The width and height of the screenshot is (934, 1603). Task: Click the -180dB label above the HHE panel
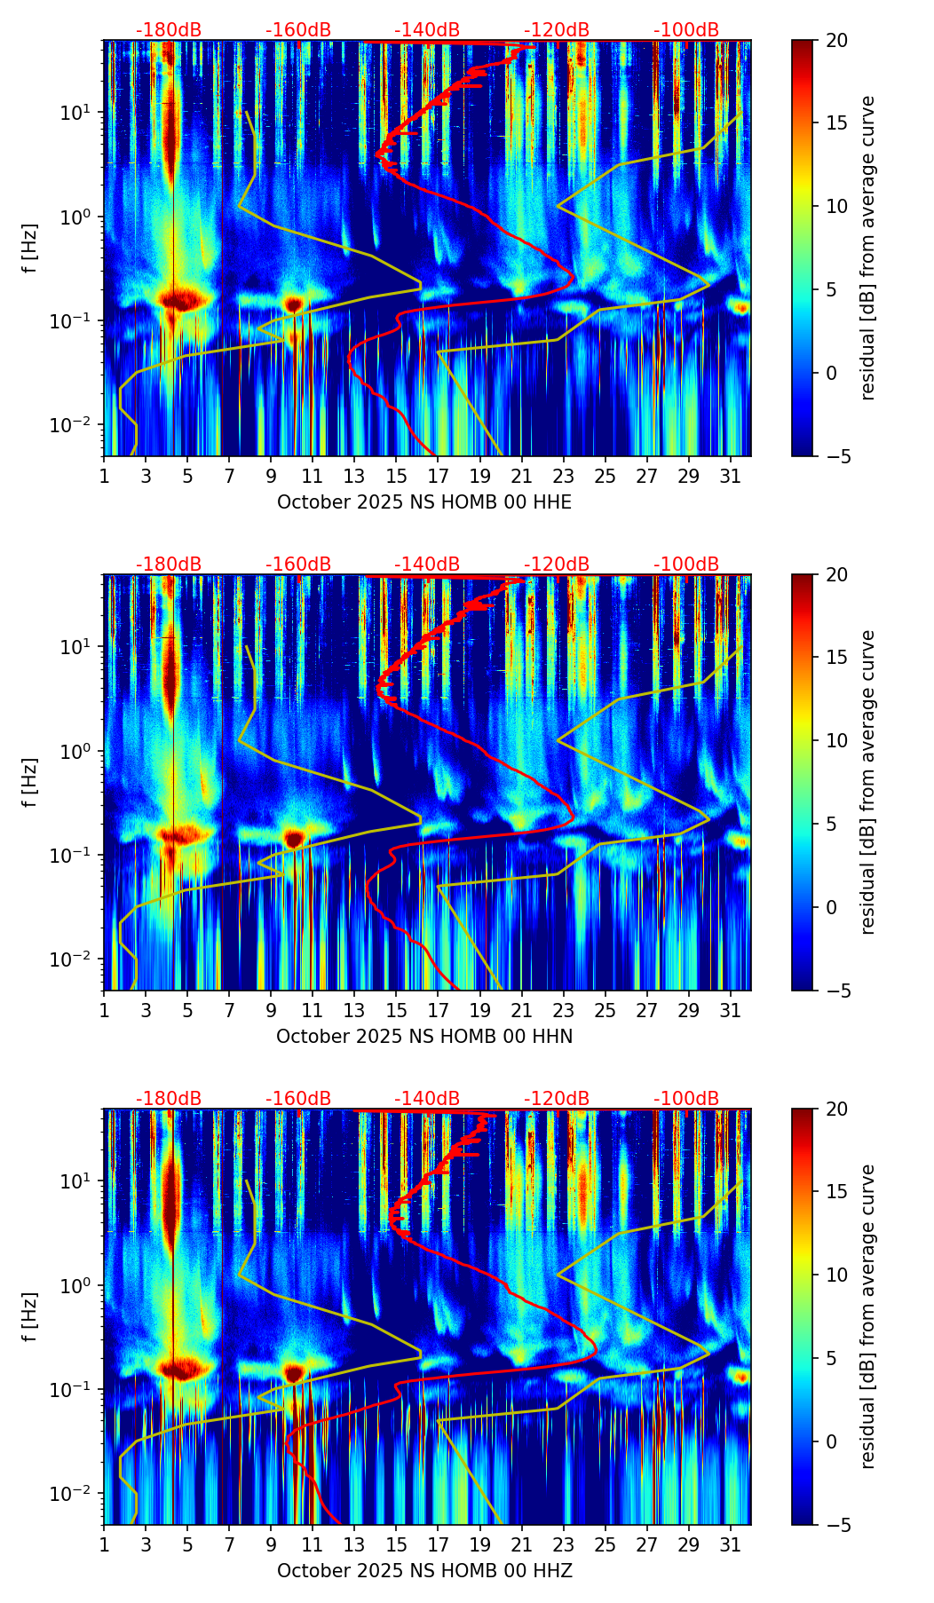tap(169, 30)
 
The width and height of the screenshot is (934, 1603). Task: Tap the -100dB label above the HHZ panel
tap(686, 1099)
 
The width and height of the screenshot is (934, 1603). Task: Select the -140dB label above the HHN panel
tap(427, 565)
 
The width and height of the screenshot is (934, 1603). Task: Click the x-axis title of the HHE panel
tap(424, 502)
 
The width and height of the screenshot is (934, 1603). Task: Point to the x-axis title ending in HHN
tap(424, 1037)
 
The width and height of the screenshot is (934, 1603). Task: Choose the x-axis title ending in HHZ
tap(424, 1571)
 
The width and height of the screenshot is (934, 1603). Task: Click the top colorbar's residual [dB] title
tap(868, 248)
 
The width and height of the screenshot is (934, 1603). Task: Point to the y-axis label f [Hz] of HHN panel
tap(31, 782)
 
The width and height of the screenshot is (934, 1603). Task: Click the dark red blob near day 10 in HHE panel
tap(294, 304)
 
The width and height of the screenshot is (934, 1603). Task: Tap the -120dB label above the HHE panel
tap(557, 30)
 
